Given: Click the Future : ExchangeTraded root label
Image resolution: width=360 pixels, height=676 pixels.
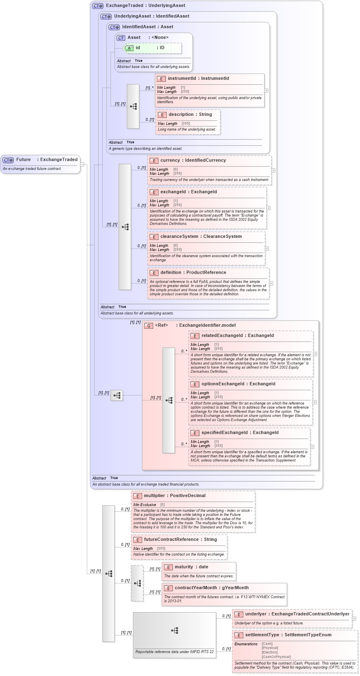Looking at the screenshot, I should (x=47, y=160).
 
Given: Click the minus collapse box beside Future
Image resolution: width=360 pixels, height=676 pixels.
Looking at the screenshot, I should (x=82, y=165).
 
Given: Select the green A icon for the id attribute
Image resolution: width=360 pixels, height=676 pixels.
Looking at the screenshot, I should (x=129, y=48).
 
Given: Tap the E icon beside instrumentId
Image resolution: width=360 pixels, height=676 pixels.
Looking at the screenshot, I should (x=161, y=79).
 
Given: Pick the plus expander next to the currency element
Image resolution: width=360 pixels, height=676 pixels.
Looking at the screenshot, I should (x=273, y=170).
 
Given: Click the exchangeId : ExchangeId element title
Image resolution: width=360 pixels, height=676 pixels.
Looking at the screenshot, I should (x=188, y=192).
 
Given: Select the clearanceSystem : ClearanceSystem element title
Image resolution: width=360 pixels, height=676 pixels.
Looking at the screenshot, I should (x=201, y=237).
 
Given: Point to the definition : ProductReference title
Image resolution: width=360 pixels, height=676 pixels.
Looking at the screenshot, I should (x=193, y=273).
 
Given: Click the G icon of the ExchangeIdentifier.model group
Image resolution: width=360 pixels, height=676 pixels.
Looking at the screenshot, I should (x=149, y=326).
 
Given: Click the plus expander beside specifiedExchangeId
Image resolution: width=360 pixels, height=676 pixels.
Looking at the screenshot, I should (x=312, y=447).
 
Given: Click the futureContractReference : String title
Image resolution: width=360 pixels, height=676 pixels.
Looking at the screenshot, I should (x=180, y=540).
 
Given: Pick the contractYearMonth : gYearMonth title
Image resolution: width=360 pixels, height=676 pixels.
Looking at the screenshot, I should (x=211, y=588).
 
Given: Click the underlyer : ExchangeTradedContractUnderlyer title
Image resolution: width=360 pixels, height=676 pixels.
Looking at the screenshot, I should (x=297, y=614).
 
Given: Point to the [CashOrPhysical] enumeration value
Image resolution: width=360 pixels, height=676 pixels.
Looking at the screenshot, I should (x=276, y=657).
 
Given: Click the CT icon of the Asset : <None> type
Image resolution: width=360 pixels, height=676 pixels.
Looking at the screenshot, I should (x=121, y=38).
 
